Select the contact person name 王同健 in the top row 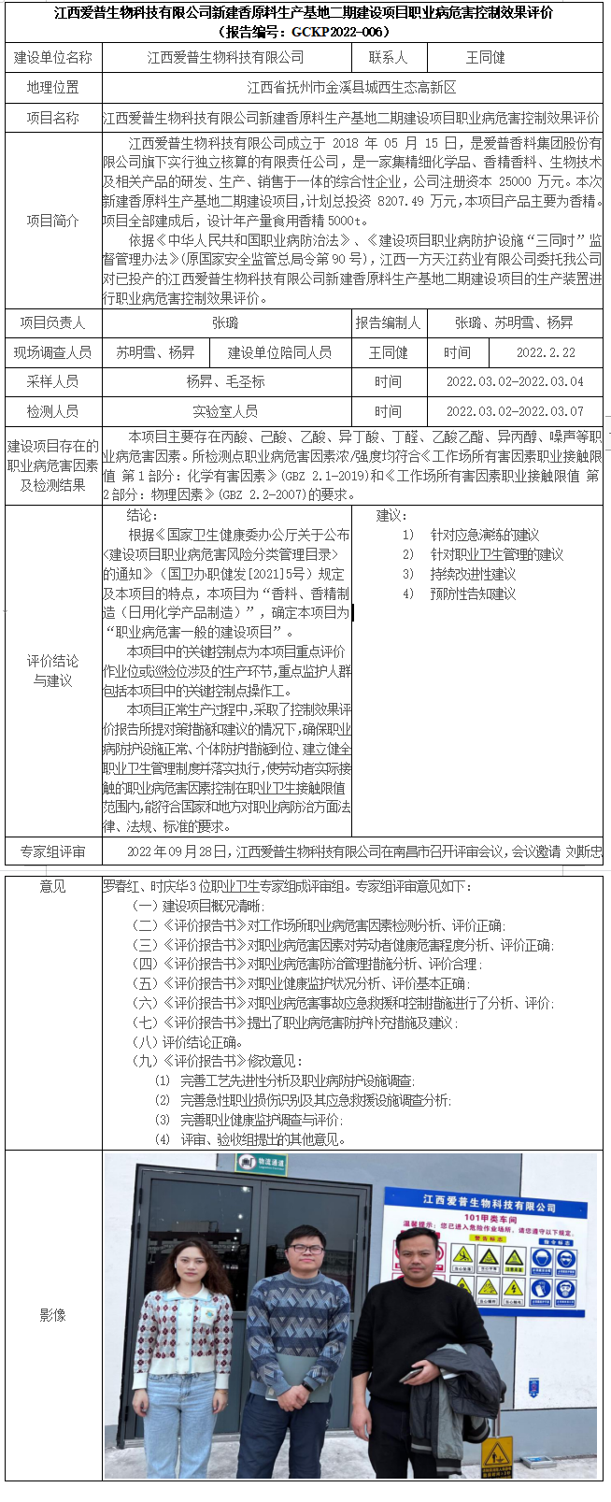coord(485,58)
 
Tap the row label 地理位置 coord(52,88)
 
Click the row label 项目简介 coord(52,222)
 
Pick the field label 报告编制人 coord(388,323)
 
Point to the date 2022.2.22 coord(546,352)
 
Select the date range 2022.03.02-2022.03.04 coord(515,382)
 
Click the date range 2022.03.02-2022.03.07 coord(515,412)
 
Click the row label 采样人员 coord(52,382)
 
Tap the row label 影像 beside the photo coord(52,1315)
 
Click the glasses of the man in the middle coord(305,1250)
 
